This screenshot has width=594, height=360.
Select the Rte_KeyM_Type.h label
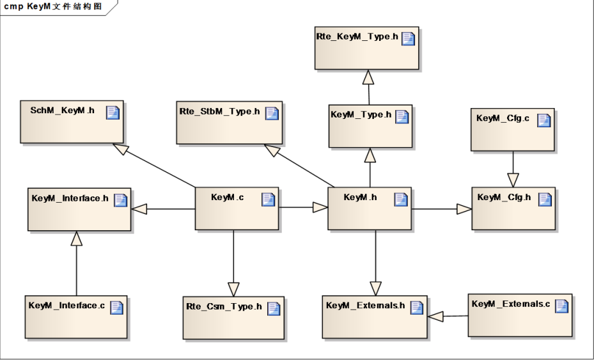[x=357, y=37]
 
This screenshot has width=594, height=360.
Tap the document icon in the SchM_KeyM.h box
[x=113, y=113]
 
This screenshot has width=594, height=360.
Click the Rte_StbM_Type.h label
[x=219, y=112]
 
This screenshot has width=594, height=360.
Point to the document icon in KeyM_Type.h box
[x=402, y=116]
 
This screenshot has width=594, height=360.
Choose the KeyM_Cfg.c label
[x=503, y=118]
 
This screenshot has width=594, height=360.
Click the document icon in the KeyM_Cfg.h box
[x=544, y=199]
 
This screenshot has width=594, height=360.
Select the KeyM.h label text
[x=360, y=198]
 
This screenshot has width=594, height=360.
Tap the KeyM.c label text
[x=227, y=198]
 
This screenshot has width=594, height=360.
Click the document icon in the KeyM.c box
[x=269, y=200]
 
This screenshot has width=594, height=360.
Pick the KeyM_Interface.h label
[x=70, y=199]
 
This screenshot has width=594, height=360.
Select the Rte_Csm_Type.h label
[x=224, y=307]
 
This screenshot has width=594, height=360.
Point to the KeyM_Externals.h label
[x=365, y=306]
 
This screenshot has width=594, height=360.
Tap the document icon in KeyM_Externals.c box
[x=561, y=306]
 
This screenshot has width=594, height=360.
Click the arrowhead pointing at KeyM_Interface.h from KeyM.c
[x=139, y=209]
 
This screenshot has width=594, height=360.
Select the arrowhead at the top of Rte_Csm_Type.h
[x=233, y=289]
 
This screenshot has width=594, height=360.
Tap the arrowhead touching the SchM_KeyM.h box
[x=120, y=148]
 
